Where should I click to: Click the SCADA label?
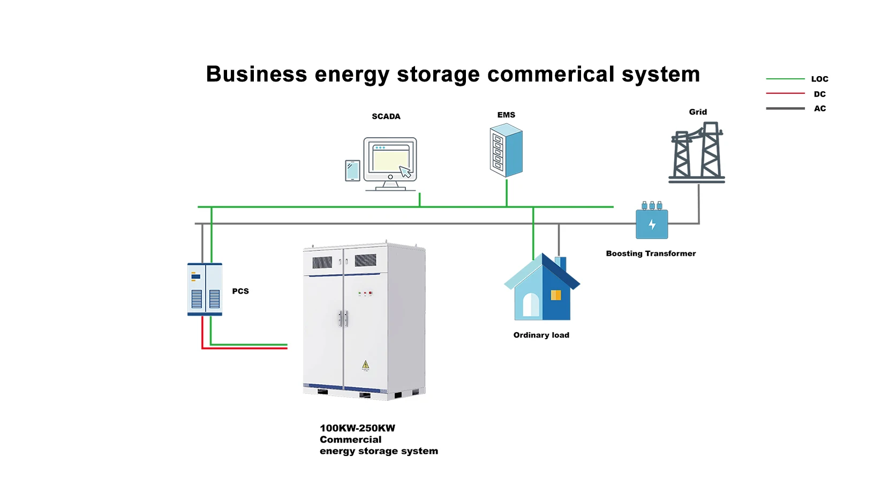coord(386,116)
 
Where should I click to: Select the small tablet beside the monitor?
coord(352,170)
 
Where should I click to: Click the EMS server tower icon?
coord(506,151)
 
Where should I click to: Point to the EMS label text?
coord(506,115)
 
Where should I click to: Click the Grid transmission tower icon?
coord(697,153)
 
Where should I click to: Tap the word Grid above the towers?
coord(697,112)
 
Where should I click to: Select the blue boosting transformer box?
coord(652,224)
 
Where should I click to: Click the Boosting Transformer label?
coord(651,253)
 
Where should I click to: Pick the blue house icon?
coord(542,289)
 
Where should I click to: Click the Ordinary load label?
coord(541,335)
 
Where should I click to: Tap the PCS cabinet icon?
coord(205,289)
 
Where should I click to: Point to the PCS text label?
coord(240,291)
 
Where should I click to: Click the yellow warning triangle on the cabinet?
coord(365,365)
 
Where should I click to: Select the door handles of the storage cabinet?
coord(343,318)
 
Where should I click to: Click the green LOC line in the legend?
coord(785,79)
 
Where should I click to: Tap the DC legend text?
coord(819,94)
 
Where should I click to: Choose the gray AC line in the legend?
coord(785,108)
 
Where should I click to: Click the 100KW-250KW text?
coord(357,428)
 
